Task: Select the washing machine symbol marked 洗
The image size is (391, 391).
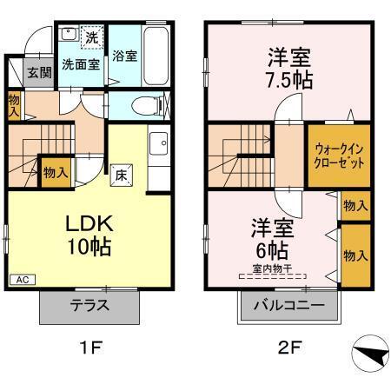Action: (90, 38)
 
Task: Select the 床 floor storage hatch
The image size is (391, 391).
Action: (122, 172)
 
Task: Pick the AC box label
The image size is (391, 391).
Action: (23, 280)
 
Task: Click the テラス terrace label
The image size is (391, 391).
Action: (89, 306)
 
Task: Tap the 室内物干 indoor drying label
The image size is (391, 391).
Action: (273, 269)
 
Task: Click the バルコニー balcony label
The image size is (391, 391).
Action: (288, 306)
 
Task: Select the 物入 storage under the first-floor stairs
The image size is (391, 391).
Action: (56, 173)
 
